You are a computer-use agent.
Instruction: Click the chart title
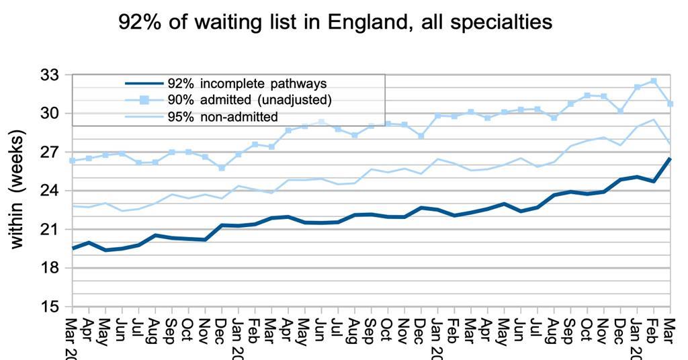point(335,21)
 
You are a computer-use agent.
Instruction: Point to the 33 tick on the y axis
point(50,75)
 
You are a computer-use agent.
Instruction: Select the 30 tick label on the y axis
point(50,113)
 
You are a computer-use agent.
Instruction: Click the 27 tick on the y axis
point(50,152)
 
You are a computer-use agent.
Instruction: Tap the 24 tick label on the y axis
point(50,191)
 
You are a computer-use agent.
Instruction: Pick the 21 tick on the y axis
point(50,229)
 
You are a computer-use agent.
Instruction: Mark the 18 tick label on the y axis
point(50,268)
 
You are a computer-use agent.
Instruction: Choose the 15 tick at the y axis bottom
point(50,307)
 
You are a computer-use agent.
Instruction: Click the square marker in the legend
point(144,100)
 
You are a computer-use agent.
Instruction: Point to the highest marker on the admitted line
point(654,81)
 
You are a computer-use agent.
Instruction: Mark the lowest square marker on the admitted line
point(222,168)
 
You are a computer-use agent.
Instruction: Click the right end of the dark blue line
point(670,159)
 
